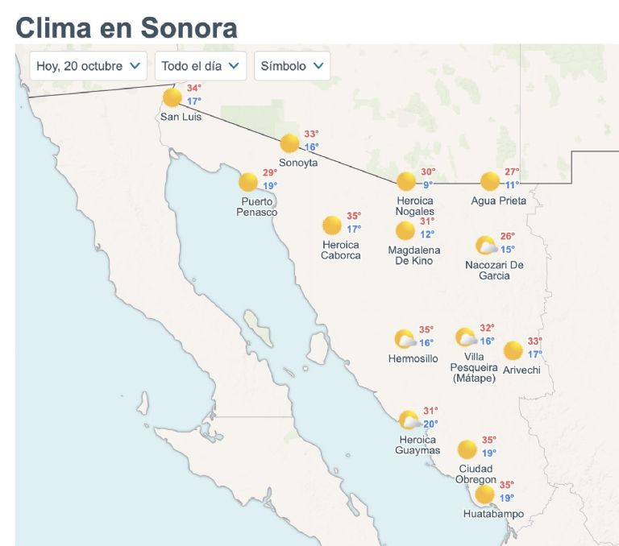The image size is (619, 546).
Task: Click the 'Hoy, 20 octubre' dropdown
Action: coord(88,66)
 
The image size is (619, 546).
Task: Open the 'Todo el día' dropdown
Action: coord(200,66)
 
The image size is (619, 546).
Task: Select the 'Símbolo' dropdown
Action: coord(292,66)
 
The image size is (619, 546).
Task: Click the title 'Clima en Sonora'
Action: coord(127,27)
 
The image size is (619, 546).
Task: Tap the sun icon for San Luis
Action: coord(172,98)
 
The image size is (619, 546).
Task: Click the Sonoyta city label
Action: coord(298,163)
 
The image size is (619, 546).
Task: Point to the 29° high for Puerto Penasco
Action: coord(269,172)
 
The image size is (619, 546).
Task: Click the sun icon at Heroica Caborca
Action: coord(330,225)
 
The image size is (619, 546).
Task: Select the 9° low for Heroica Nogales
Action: coord(428,184)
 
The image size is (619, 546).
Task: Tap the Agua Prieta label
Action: coord(498,201)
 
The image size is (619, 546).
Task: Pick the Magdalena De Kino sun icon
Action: coord(405,231)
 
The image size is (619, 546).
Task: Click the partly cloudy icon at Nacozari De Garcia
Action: coord(486,246)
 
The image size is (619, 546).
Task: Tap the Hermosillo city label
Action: coord(413,358)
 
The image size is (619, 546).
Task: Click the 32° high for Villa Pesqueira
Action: coord(487,328)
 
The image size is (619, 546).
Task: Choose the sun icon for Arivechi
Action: coord(513,350)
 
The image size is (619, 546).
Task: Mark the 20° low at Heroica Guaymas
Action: coord(430,424)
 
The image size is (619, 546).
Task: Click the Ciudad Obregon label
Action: coord(476,474)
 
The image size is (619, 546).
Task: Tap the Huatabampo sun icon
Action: coord(484,494)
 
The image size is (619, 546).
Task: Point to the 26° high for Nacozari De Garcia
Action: coord(507,236)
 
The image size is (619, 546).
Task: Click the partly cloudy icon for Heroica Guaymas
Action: coord(409,420)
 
